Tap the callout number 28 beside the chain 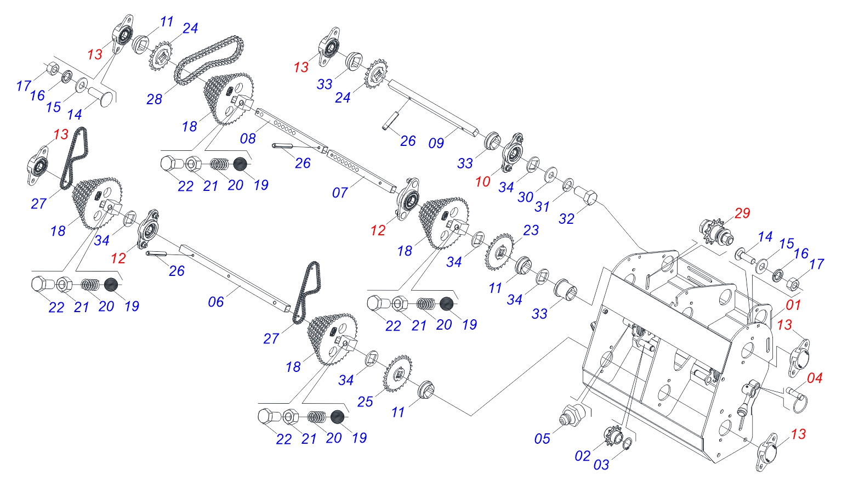point(154,99)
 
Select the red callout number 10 point(482,182)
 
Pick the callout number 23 point(530,230)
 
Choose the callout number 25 point(365,402)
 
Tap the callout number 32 point(566,219)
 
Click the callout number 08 point(248,138)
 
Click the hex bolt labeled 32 point(586,195)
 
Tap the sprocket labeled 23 point(500,252)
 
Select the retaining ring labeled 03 point(629,443)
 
